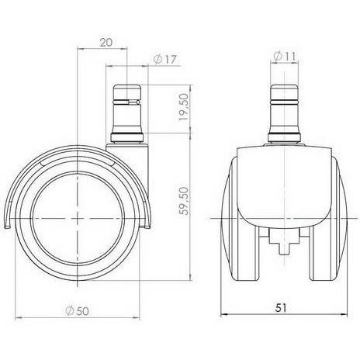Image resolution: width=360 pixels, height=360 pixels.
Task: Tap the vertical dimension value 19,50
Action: coord(184,109)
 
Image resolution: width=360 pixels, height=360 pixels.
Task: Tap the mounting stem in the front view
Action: coord(281,109)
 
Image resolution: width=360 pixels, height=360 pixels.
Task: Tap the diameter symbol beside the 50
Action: coord(69,310)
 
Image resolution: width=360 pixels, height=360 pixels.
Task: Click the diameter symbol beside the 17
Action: coord(158,59)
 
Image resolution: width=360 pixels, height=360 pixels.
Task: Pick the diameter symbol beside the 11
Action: coord(276,55)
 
